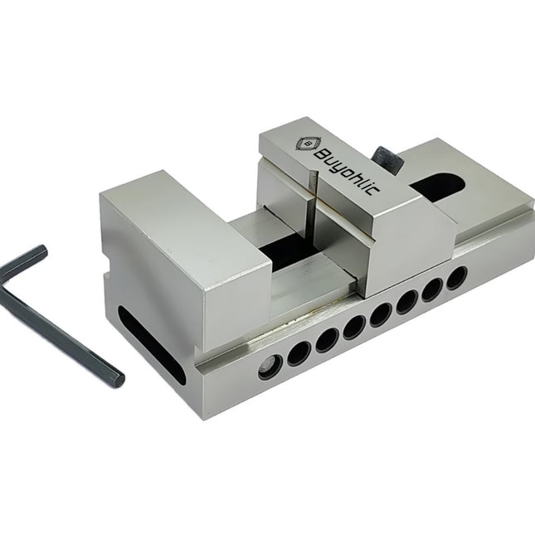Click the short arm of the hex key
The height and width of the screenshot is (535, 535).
(23, 256)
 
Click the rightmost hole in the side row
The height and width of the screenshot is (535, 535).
(455, 278)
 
